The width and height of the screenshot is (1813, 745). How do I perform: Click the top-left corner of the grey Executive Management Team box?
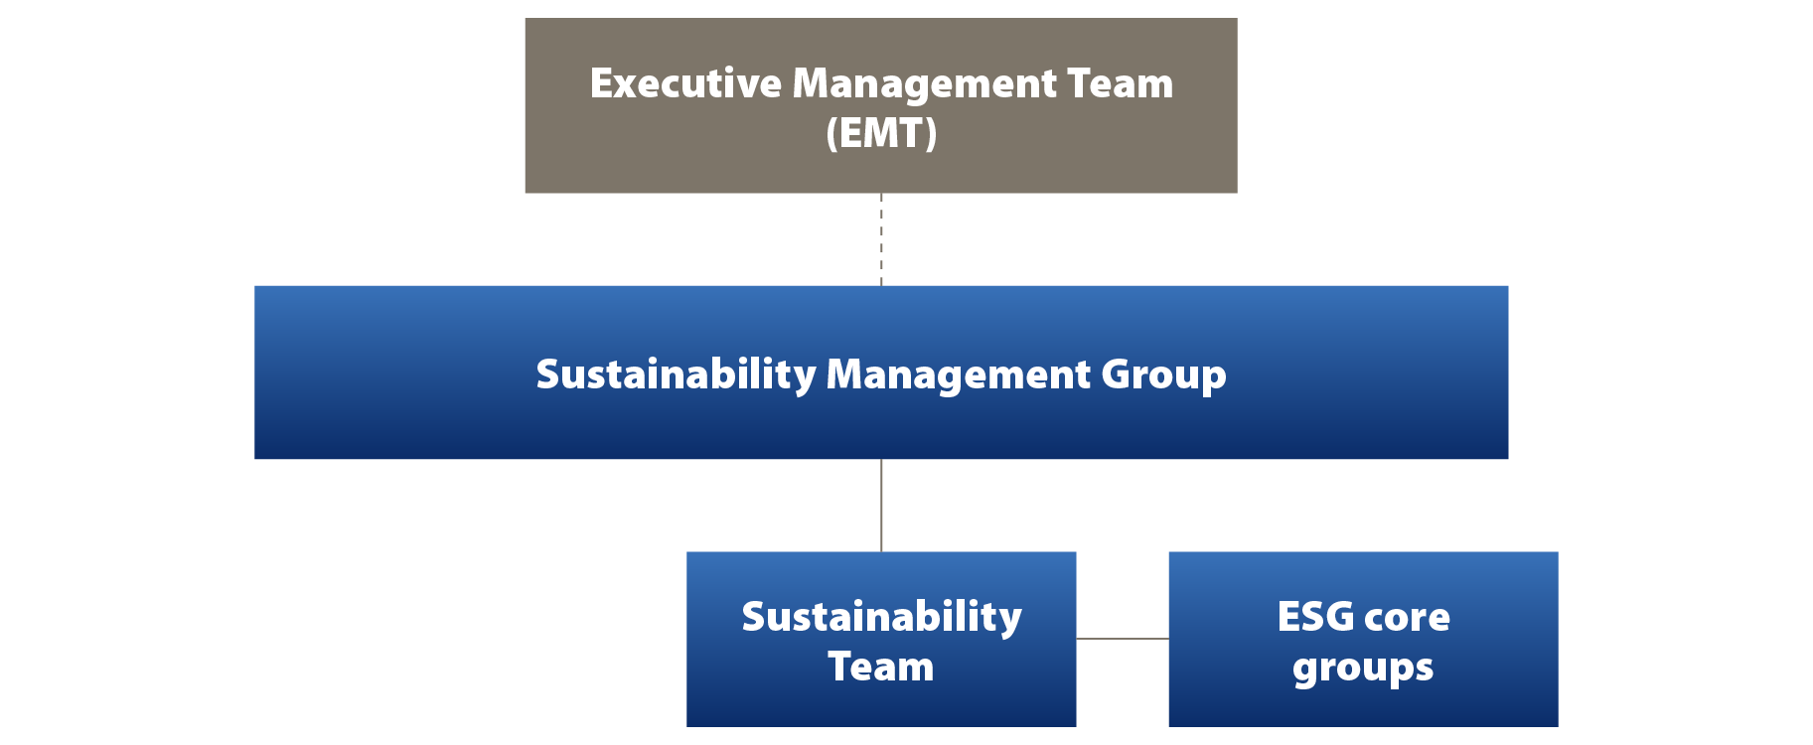[526, 18]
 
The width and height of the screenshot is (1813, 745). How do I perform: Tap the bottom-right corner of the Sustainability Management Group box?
[1508, 458]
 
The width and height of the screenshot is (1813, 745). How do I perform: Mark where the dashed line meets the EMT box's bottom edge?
[881, 193]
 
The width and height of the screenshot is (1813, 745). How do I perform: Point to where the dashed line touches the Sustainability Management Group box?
[881, 286]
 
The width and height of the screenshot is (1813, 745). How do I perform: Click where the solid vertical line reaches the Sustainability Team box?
[881, 552]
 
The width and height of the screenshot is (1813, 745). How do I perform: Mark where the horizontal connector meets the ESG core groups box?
[1169, 639]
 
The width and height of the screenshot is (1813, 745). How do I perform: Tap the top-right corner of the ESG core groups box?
[1558, 552]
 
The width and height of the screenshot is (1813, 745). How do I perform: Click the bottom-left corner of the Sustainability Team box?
[686, 726]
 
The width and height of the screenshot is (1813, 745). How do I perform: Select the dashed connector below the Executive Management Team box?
[881, 239]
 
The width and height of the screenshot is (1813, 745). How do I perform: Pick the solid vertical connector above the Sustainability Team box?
[881, 506]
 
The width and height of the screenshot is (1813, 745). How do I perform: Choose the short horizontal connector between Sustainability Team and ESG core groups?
[1123, 639]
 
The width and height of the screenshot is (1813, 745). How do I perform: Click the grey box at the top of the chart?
[881, 105]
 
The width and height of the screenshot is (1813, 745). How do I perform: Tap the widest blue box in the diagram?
[881, 372]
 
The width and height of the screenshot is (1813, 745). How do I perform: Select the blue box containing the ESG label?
[1363, 640]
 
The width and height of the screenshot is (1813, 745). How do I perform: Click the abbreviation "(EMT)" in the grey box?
[881, 133]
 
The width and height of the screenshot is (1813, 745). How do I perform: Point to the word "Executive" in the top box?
[685, 83]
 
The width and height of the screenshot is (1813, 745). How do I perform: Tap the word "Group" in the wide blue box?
[1163, 375]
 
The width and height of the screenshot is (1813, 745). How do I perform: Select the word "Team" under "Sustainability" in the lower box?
[881, 667]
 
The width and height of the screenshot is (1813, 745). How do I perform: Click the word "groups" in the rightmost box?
[1363, 670]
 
